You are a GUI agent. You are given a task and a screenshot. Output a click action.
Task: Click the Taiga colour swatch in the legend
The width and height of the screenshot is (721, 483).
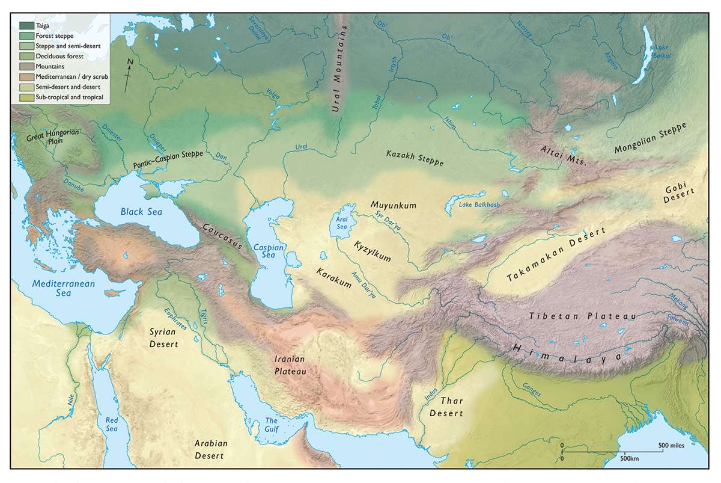point(26,25)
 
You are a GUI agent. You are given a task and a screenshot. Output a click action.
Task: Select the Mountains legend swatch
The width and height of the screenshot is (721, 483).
point(26,66)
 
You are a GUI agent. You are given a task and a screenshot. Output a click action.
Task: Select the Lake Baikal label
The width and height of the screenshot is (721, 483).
point(661,51)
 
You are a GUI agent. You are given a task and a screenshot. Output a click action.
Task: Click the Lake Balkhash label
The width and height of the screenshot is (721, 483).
point(479,205)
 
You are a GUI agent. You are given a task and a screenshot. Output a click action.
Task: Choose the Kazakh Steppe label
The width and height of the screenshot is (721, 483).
point(415,159)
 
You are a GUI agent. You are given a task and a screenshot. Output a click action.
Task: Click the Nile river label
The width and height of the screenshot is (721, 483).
point(71,398)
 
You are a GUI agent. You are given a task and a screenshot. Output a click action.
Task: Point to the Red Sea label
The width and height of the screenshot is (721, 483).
point(112,425)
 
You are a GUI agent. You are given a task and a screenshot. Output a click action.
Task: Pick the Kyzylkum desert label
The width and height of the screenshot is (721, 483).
point(373,253)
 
